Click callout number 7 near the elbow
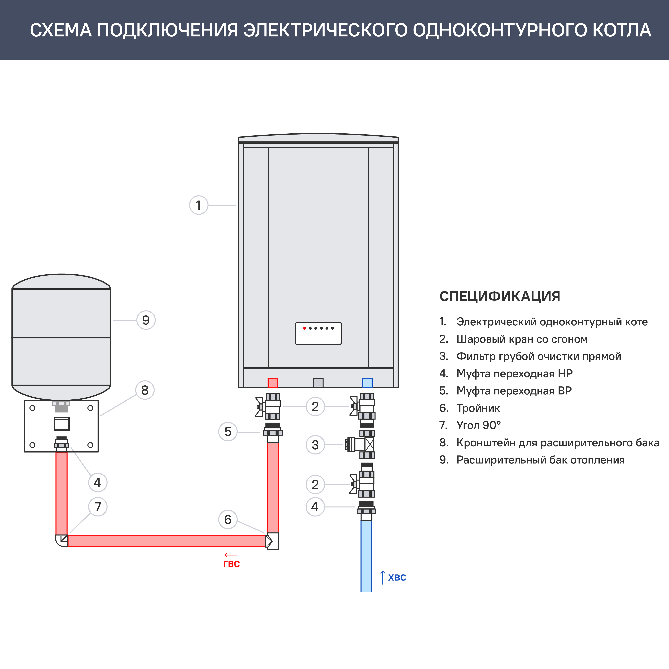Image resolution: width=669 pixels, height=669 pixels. (x=98, y=507)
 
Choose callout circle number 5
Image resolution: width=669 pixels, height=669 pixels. (x=227, y=431)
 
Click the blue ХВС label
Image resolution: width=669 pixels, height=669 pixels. (x=397, y=578)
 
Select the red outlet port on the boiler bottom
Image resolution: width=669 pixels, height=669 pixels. (x=272, y=383)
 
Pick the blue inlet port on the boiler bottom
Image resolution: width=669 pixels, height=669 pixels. (x=367, y=383)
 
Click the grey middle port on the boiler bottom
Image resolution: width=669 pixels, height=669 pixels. (x=318, y=383)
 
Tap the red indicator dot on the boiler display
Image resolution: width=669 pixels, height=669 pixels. (x=304, y=328)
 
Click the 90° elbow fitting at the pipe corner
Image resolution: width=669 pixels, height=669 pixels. (x=62, y=540)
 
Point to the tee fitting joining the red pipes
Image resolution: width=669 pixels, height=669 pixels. (x=272, y=541)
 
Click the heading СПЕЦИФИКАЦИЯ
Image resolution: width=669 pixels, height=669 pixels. (x=499, y=296)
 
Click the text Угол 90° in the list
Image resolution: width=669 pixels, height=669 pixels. (x=479, y=425)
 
